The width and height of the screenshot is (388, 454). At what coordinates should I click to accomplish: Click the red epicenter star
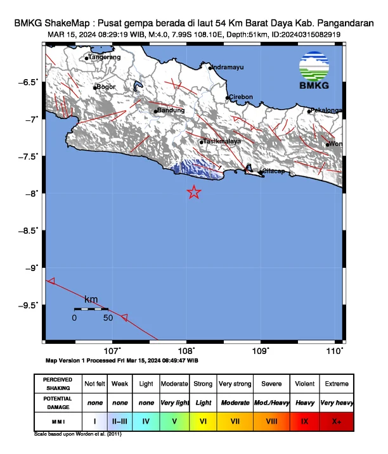[194, 192]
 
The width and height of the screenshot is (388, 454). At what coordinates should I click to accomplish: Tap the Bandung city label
[170, 110]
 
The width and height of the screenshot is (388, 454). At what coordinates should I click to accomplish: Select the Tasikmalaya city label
[222, 141]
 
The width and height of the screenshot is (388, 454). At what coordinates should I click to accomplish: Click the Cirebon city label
[241, 97]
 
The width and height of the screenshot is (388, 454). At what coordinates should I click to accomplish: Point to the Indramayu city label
[230, 67]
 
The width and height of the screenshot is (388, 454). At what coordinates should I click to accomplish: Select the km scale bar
[91, 308]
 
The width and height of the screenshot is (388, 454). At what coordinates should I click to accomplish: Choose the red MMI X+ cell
[336, 420]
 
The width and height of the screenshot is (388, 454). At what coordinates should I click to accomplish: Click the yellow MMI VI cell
[204, 420]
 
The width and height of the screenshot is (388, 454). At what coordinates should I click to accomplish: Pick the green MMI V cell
[174, 420]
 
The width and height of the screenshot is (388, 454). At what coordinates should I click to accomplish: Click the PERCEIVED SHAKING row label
[58, 384]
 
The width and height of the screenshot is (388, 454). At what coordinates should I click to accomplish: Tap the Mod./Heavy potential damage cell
[272, 402]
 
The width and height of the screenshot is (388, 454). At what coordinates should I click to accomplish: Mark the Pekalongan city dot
[309, 111]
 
